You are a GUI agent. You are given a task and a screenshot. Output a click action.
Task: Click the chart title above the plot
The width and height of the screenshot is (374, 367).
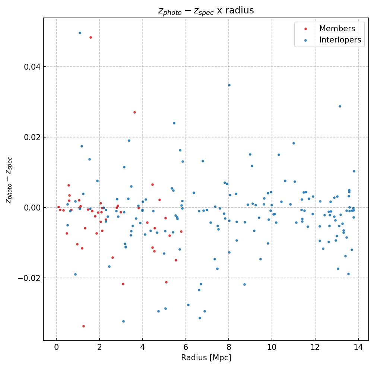[x=206, y=11]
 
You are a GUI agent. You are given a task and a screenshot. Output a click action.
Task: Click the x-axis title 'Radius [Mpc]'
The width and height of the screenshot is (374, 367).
[x=206, y=358]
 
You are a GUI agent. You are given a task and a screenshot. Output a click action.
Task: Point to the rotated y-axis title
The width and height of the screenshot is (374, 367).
[x=9, y=180]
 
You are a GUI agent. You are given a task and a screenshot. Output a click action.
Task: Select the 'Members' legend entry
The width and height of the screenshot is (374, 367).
[x=337, y=29]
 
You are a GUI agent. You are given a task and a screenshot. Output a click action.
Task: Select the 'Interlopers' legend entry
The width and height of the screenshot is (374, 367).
[x=340, y=40]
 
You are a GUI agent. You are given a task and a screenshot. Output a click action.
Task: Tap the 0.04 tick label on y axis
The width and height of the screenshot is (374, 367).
[x=32, y=67]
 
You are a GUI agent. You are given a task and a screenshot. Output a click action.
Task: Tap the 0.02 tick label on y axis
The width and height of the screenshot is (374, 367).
[x=32, y=137]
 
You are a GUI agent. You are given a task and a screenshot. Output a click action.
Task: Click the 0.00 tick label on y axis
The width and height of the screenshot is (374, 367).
[x=32, y=208]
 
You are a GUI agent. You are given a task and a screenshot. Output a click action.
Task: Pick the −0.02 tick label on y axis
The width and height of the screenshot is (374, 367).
[x=29, y=278]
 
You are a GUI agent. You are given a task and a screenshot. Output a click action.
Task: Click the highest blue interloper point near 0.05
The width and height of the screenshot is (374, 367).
[x=80, y=33]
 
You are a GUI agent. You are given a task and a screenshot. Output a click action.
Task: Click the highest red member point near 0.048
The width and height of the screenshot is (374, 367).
[x=91, y=37]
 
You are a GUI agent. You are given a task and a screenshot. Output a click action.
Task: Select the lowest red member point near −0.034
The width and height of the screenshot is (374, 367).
[x=83, y=326]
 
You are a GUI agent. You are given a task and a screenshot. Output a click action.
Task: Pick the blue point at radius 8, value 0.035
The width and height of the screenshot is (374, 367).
[x=229, y=85]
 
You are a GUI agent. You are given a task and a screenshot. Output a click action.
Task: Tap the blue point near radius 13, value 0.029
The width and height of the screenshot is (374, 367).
[x=340, y=106]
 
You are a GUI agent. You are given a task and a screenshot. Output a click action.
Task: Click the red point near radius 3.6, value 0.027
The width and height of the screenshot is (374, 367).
[x=134, y=112]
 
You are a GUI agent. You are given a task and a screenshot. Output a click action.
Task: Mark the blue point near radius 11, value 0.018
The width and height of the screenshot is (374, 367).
[x=294, y=143]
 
